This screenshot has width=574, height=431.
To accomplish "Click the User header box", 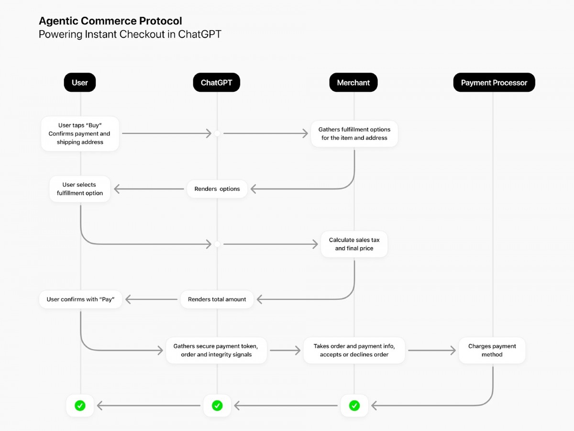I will coord(80,83).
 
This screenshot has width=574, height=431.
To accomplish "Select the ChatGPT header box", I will coord(217,83).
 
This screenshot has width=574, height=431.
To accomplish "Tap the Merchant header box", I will coord(353,83).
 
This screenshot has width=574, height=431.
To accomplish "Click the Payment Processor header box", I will coord(494,83).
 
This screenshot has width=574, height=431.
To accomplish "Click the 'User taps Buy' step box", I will coord(80,134).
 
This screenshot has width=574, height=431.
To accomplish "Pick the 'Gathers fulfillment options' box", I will coord(354,134).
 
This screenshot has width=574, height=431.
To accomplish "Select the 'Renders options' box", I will coord(217,189).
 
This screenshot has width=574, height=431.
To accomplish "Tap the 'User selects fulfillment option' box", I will coord(80,189).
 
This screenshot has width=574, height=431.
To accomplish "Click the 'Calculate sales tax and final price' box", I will coord(354,244).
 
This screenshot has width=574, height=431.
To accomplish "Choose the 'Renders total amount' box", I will coord(217,299).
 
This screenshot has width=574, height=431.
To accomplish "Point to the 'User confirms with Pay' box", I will coord(80,299).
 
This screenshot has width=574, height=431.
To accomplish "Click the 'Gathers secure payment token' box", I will coord(216,351).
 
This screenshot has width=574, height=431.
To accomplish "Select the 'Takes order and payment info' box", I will coord(354,351).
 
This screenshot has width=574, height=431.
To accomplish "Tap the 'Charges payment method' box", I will coord(492,351).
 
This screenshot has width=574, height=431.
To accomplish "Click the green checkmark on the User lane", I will coord(80,406).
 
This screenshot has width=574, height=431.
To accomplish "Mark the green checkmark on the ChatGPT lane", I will coord(217,406).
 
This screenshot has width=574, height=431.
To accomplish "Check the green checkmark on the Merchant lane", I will coord(354,406).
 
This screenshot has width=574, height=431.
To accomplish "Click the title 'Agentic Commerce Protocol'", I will coord(110,21).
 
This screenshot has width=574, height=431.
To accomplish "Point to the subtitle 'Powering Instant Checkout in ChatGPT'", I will coord(130,34).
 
